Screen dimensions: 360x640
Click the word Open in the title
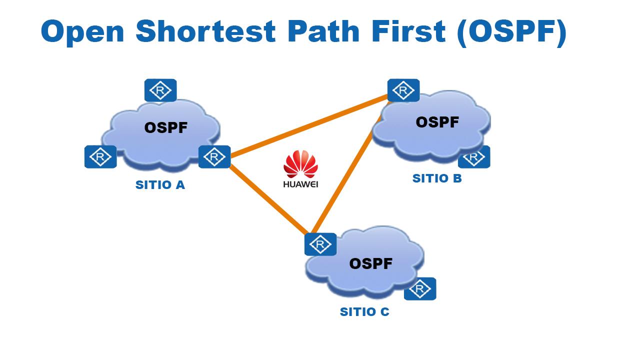83,32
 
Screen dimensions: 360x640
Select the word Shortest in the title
205,32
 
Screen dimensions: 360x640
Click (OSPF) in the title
511,32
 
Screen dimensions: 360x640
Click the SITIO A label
160,185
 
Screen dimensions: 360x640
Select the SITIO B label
437,178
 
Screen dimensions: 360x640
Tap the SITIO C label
364,312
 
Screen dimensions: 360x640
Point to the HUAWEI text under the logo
300,184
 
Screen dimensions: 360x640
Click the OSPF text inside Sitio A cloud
166,128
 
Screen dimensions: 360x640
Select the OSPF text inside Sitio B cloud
437,122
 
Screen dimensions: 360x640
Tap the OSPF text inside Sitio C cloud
370,263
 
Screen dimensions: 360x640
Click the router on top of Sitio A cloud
160,90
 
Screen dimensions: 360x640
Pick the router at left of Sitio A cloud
100,156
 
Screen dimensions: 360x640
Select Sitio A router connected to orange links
214,156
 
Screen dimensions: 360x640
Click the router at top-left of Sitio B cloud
403,90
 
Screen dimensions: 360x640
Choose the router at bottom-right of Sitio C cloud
420,288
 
